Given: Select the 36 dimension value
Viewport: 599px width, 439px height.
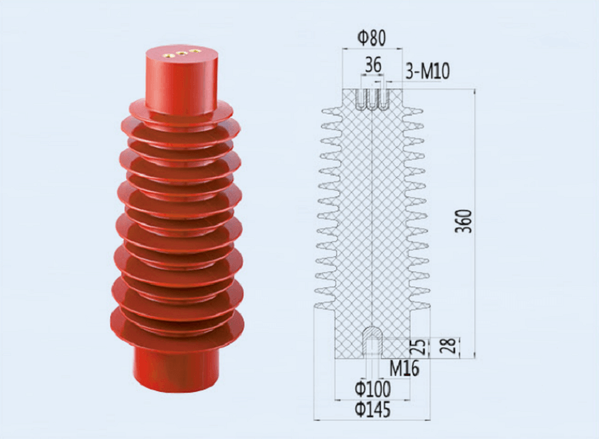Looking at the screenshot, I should point(373,65).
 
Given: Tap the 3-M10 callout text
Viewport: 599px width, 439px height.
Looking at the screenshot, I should point(427,71).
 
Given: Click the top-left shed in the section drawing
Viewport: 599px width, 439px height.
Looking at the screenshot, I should point(329,109).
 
